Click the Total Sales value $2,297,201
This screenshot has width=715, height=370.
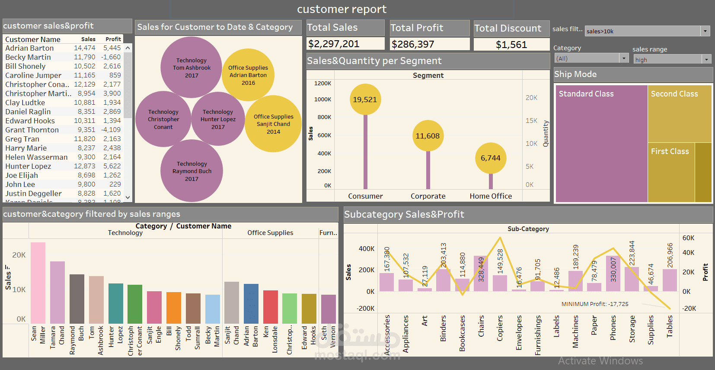point(333,44)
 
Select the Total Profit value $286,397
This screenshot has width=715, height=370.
point(413,44)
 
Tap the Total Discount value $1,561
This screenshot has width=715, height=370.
point(511,45)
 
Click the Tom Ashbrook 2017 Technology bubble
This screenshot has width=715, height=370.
point(192,68)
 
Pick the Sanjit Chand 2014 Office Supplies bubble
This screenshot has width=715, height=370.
point(273,124)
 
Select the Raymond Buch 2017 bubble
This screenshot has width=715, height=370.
point(192,171)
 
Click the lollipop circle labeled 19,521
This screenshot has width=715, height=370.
point(365,100)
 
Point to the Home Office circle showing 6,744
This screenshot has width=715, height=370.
point(490,158)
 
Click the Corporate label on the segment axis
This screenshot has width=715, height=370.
point(428,196)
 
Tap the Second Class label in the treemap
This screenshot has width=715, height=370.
point(674,94)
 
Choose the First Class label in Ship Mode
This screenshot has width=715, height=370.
point(670,151)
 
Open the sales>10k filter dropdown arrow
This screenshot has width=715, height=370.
point(705,31)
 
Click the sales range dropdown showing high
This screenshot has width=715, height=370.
point(672,60)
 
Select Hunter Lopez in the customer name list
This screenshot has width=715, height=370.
point(28,166)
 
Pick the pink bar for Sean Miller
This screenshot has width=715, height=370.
point(38,283)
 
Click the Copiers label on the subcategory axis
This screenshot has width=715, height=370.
point(500,328)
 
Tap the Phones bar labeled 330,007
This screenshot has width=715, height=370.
point(613,273)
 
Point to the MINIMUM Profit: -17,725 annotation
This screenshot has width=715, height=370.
point(595,304)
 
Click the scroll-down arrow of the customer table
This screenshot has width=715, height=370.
point(128,197)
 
